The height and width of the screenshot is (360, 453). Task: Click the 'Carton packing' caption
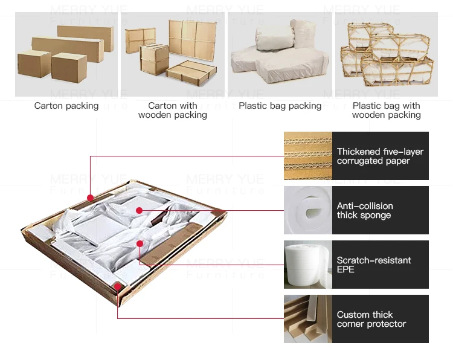[x=66, y=106]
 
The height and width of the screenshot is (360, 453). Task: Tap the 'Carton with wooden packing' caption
[x=173, y=110]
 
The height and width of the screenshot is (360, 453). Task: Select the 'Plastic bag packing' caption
[x=280, y=106]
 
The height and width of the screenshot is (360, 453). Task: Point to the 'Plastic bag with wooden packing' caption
[x=387, y=110]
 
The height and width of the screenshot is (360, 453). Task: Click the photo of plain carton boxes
[x=66, y=54]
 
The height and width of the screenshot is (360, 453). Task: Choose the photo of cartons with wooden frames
[x=173, y=54]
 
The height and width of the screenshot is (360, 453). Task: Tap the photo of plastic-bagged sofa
[x=280, y=54]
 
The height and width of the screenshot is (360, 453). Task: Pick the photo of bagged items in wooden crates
[x=387, y=54]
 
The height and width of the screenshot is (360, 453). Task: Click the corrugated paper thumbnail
[x=308, y=156]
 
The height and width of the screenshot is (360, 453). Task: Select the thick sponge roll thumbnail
[x=308, y=210]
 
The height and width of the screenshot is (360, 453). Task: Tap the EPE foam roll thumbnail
[x=308, y=265]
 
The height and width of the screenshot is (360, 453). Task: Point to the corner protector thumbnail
[x=308, y=319]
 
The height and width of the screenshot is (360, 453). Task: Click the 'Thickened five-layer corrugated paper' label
[x=381, y=156]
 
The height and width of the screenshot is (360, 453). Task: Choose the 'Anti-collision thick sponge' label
[x=365, y=210]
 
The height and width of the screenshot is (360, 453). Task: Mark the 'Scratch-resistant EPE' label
[x=374, y=265]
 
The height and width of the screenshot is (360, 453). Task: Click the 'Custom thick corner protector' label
[x=371, y=319]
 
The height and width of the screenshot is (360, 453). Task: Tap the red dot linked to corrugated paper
[x=90, y=198]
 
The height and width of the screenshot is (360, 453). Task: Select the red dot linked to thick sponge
[x=139, y=210]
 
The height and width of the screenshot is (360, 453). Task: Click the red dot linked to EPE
[x=140, y=243]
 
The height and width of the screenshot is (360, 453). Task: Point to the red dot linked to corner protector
[x=117, y=286]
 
